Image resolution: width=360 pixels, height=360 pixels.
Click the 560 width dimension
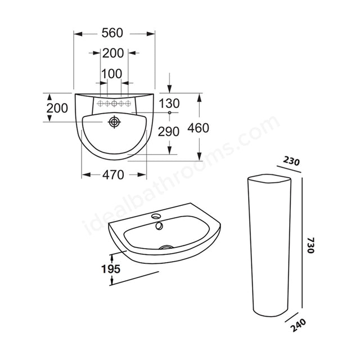[114, 34]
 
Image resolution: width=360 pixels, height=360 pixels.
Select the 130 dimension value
[169, 103]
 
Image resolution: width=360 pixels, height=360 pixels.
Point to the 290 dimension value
[169, 132]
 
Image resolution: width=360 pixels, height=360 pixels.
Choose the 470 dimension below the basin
[114, 175]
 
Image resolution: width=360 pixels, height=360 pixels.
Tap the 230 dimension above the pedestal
[291, 161]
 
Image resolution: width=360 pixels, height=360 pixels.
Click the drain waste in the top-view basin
[115, 121]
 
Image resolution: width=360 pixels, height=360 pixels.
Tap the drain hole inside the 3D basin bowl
[165, 246]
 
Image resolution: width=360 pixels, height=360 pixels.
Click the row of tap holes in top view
[114, 103]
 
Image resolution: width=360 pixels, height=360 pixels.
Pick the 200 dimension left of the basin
[57, 109]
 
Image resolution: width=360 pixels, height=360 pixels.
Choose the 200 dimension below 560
[114, 53]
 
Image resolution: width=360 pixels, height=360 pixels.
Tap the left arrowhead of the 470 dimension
[85, 175]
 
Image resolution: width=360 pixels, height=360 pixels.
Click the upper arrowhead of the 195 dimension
[113, 256]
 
